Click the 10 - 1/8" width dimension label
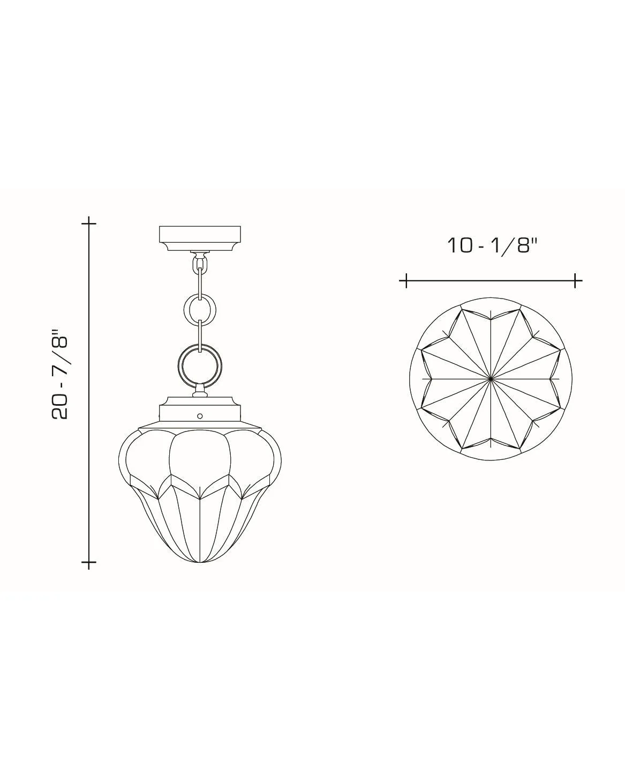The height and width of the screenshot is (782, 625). (492, 246)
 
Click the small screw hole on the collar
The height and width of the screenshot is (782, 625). (200, 415)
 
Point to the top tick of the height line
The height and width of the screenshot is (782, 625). (89, 222)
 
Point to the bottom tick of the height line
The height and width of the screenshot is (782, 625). (89, 562)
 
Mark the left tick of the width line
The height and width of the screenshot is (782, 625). (406, 280)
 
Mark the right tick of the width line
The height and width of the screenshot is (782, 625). (576, 280)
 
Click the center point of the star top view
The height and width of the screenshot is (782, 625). (491, 378)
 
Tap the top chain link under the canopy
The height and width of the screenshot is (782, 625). (200, 264)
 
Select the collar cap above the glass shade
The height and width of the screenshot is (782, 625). (200, 410)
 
